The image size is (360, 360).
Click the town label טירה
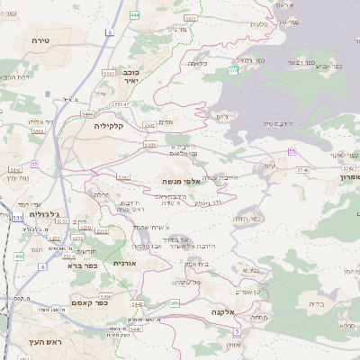[38, 40]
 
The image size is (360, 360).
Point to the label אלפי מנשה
[180, 181]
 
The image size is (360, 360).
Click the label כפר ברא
[79, 265]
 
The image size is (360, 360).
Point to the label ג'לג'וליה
[44, 213]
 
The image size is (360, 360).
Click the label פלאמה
[199, 64]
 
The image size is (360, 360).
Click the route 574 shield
[233, 69]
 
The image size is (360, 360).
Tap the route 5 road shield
[236, 331]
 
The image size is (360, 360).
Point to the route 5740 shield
[301, 168]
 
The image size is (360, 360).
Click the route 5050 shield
[105, 295]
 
